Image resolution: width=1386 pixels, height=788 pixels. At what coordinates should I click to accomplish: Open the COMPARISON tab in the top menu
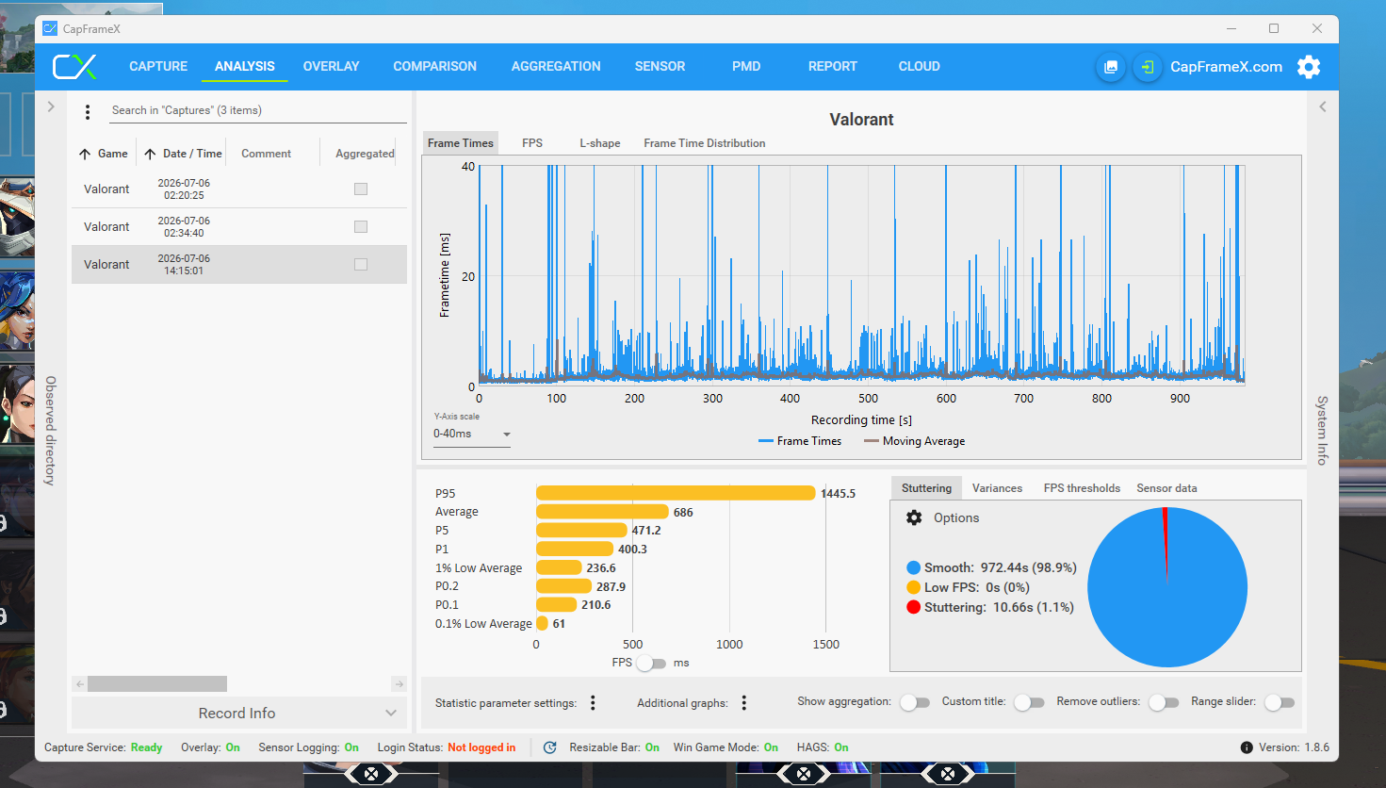tap(434, 66)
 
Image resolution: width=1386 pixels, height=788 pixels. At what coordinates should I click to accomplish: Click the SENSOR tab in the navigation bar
tap(660, 66)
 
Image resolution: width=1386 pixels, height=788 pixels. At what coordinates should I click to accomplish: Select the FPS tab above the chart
tap(532, 143)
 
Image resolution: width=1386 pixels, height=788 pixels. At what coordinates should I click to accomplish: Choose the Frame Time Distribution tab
tap(704, 143)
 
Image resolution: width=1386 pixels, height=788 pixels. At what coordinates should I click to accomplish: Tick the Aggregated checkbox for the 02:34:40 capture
tap(361, 226)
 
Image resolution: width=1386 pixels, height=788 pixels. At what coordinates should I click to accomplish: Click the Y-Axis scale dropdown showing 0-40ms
tap(471, 434)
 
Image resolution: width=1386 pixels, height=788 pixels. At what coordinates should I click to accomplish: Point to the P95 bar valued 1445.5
tap(676, 493)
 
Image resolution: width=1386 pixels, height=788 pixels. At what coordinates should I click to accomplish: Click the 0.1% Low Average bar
tap(542, 623)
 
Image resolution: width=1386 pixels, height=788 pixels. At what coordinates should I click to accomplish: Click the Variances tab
tap(997, 487)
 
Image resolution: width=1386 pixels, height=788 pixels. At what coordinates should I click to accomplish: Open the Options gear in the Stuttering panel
tap(914, 517)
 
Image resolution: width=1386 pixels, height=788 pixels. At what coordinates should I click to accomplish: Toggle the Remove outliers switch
tap(1164, 702)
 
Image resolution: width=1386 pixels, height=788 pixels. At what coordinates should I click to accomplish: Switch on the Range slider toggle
tap(1279, 702)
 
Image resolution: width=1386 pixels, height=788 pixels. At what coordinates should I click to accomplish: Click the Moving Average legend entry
tap(914, 441)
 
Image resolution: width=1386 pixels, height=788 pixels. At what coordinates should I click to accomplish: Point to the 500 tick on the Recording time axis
tap(868, 398)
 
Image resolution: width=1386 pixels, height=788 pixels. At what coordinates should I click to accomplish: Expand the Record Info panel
tap(238, 714)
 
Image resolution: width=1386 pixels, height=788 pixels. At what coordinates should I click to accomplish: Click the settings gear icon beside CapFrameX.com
tap(1309, 67)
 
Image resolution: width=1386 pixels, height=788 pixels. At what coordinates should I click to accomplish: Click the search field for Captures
tap(257, 110)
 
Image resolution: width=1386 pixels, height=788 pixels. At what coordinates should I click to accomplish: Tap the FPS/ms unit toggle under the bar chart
tap(650, 663)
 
